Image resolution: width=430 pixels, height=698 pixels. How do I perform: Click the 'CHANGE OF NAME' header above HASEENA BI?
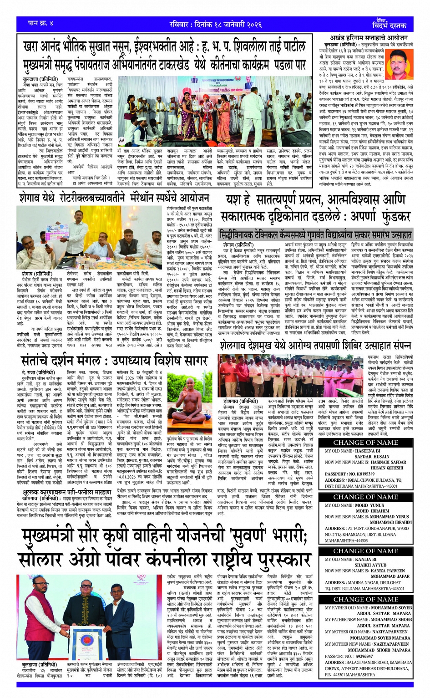point(365,442)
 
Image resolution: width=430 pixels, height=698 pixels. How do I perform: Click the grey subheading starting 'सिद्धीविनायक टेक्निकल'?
point(315,234)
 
